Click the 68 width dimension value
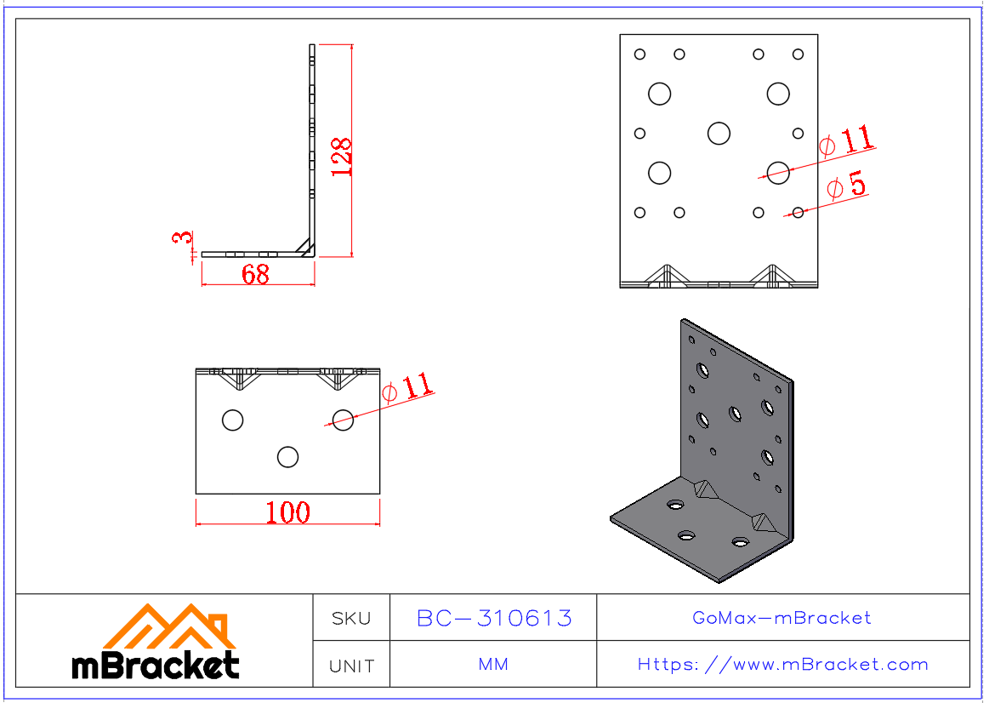(255, 274)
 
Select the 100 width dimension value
(287, 512)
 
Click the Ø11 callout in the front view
(846, 140)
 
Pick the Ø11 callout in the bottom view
(407, 388)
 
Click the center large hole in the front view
(719, 133)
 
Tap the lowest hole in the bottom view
(287, 457)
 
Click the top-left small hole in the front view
(639, 54)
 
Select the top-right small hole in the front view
(798, 54)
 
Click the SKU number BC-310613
(493, 618)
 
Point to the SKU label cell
(351, 619)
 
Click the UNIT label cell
(351, 666)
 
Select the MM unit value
(493, 665)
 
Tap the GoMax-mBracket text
(782, 618)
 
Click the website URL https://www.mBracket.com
(782, 665)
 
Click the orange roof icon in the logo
(168, 628)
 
